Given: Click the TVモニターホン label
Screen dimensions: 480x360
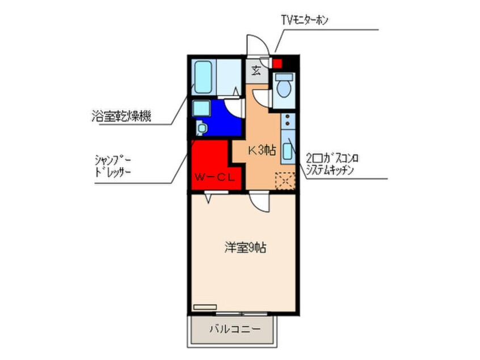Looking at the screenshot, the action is pos(305,20).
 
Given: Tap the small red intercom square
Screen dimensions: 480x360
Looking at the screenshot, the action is pos(277,64).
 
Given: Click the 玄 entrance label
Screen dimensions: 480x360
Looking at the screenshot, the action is pos(256,71).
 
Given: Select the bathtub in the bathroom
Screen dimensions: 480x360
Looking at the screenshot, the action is pos(203,77).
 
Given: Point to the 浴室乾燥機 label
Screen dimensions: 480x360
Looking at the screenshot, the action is pos(121,116).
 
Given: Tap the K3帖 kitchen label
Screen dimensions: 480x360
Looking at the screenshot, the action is pos(262,150).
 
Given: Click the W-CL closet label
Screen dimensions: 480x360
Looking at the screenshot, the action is pos(214,177).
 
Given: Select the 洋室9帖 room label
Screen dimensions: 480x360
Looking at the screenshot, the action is pos(245,248).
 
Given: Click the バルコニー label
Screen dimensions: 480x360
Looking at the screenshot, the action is pos(235,329).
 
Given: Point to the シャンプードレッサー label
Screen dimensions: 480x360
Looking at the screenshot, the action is pos(113,166).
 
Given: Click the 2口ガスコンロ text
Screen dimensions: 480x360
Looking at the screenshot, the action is pos(332,158).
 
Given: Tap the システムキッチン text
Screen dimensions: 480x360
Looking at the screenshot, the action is pos(330,170).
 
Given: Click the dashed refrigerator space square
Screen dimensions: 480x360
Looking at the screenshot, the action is pos(285,181).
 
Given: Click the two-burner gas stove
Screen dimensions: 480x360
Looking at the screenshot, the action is pos(288,120).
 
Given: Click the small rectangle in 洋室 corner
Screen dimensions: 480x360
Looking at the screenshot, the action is pos(205,307).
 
